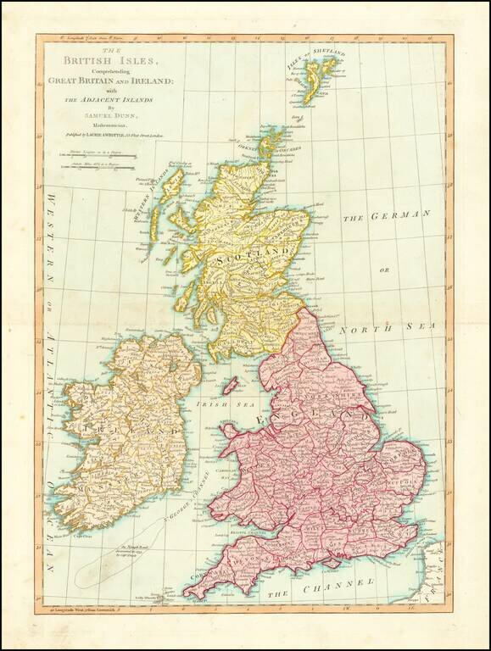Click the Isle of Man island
pyautogui.click(x=230, y=386)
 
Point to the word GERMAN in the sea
pyautogui.click(x=398, y=216)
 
